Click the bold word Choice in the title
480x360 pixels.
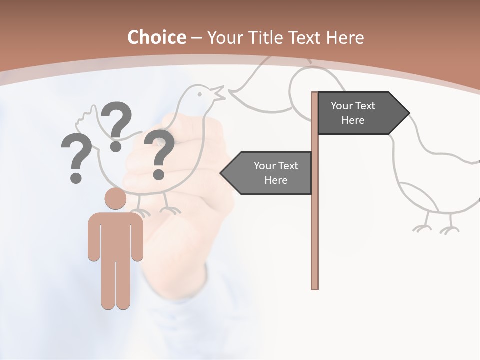pos(156,37)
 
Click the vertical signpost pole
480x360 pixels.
pos(315,225)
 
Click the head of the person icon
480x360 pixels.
pos(115,198)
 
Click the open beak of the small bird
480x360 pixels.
pos(219,92)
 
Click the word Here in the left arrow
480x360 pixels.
pos(276,180)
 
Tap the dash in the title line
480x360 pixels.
pos(196,38)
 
